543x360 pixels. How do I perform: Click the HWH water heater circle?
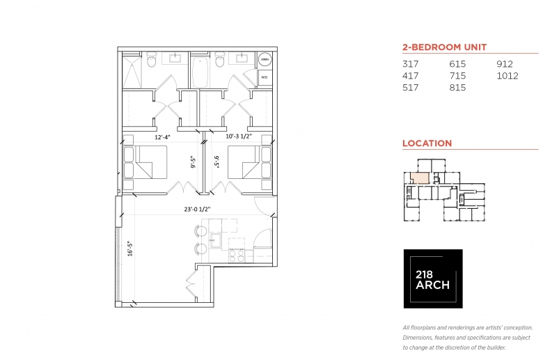[x=265, y=60]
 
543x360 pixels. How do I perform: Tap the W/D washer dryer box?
[x=265, y=77]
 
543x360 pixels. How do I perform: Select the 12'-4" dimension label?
[x=162, y=137]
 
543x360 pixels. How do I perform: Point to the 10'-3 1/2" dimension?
[x=239, y=136]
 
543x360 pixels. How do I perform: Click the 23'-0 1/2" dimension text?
[x=198, y=210]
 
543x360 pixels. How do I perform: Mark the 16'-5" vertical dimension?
[x=130, y=249]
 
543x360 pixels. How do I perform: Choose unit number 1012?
[x=507, y=76]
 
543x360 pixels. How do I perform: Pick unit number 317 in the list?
[x=410, y=64]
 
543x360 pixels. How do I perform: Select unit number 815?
[x=457, y=88]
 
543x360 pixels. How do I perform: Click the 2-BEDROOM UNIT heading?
[x=445, y=47]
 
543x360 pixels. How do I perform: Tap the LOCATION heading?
[x=427, y=143]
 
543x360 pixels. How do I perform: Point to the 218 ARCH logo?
[x=433, y=279]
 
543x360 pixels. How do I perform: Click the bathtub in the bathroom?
[x=200, y=72]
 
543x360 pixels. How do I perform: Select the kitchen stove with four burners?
[x=237, y=256]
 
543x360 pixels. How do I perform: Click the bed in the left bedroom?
[x=145, y=162]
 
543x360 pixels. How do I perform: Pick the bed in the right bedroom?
[x=249, y=162]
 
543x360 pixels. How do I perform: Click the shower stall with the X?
[x=132, y=71]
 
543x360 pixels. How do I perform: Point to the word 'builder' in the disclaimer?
[x=496, y=347]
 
